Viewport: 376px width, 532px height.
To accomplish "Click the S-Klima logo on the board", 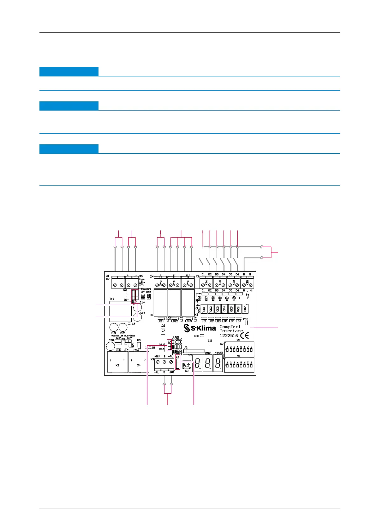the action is [200, 328].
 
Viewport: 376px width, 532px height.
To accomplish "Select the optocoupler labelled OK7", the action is [245, 309].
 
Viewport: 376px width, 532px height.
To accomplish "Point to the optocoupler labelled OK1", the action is [204, 309].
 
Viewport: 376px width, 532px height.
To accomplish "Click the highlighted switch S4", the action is [177, 364].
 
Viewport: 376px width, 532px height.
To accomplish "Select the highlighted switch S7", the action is [169, 346].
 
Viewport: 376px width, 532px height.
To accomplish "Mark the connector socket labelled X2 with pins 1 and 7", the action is [117, 362].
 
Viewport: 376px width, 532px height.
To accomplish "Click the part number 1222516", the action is [229, 336].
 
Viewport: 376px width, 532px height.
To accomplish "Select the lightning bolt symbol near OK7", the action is [248, 297].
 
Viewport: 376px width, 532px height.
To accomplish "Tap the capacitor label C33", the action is [246, 319].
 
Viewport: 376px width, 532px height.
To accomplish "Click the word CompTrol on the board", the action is [230, 327].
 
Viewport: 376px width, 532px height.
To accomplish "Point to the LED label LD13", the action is [188, 321].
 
